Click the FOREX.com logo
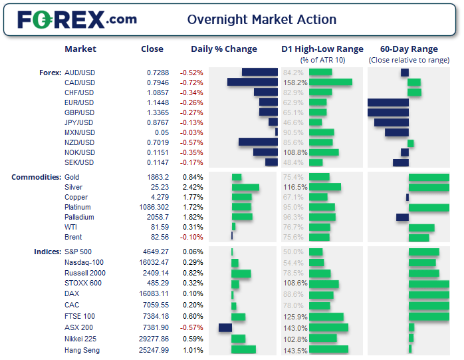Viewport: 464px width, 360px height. point(77,20)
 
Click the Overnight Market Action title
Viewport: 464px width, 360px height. point(262,20)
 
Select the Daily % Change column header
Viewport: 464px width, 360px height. point(223,49)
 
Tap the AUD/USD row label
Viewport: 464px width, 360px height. point(79,72)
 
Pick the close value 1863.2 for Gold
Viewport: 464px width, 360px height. point(158,177)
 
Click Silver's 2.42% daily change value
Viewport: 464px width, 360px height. point(192,187)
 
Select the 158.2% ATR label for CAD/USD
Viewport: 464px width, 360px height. point(295,82)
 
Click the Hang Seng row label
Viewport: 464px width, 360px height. point(82,349)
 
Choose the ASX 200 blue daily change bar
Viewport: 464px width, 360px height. point(225,327)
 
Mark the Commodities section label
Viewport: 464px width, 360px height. point(36,177)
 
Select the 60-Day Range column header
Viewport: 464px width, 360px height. point(409,49)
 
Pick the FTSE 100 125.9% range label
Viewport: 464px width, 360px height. point(295,317)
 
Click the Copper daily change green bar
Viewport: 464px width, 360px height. point(242,197)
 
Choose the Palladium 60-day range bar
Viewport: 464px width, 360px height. point(402,217)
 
